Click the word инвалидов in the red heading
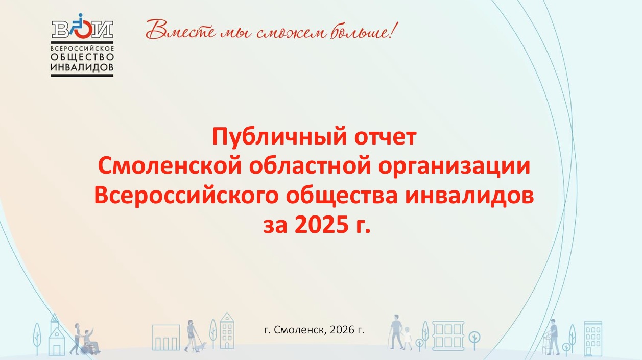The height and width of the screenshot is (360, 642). (469, 196)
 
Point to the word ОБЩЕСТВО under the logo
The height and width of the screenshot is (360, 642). (82, 57)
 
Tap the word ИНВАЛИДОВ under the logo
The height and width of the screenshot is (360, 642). (82, 67)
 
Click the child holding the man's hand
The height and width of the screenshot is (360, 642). (407, 338)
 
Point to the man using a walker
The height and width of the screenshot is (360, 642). (552, 337)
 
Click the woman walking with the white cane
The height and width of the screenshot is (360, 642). (191, 335)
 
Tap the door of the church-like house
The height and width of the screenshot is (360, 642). (57, 350)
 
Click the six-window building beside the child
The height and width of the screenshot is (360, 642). (448, 335)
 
